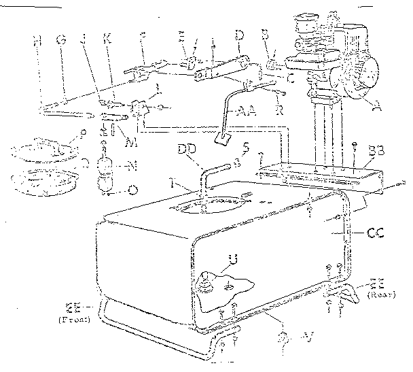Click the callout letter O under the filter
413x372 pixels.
[131, 190]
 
